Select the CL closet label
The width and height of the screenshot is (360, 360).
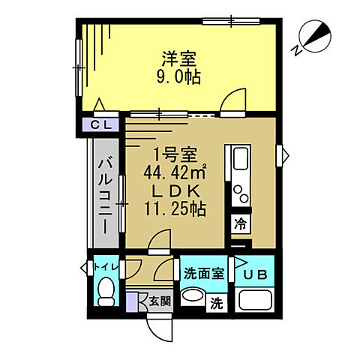click(102, 124)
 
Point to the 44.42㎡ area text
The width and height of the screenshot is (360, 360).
click(180, 172)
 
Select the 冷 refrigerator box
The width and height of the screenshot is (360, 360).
click(240, 223)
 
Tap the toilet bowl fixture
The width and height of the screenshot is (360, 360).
click(106, 290)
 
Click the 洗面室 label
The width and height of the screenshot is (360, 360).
click(203, 274)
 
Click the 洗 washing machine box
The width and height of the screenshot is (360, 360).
click(217, 304)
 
